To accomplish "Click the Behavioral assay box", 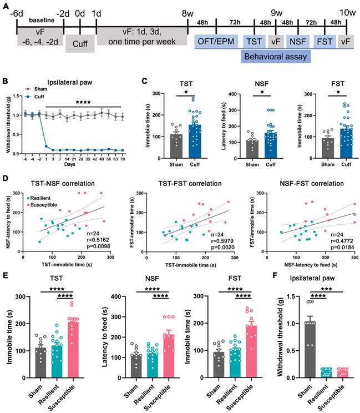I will coord(276,57).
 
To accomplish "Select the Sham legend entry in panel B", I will coord(39,88).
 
